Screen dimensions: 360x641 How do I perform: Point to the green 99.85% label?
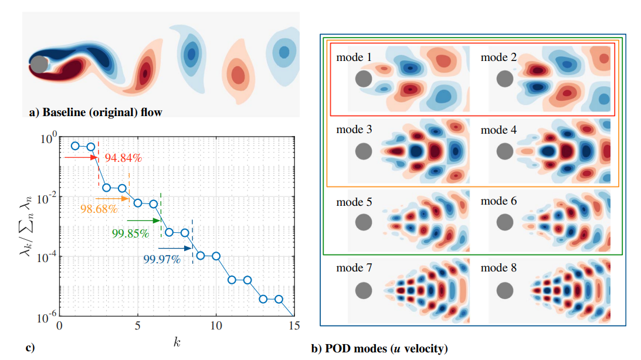click(130, 233)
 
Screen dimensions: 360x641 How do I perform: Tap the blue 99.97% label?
click(161, 260)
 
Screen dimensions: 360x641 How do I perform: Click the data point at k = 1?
click(75, 145)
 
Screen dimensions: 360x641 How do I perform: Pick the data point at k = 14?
click(279, 299)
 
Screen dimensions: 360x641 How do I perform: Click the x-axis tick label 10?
click(216, 325)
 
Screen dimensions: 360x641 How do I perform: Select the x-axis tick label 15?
click(294, 325)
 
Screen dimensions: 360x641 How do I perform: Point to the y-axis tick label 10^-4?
click(46, 257)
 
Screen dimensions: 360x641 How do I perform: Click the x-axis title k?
click(177, 341)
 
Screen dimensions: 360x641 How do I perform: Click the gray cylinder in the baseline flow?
click(39, 64)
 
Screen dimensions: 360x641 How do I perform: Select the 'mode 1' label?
click(354, 57)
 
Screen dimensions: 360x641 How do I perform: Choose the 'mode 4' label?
click(498, 130)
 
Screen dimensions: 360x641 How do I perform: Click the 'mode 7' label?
click(354, 268)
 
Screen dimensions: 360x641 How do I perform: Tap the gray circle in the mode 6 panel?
click(506, 222)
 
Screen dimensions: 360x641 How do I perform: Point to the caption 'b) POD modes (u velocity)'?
click(379, 348)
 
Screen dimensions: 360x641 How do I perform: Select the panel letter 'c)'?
click(30, 348)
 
